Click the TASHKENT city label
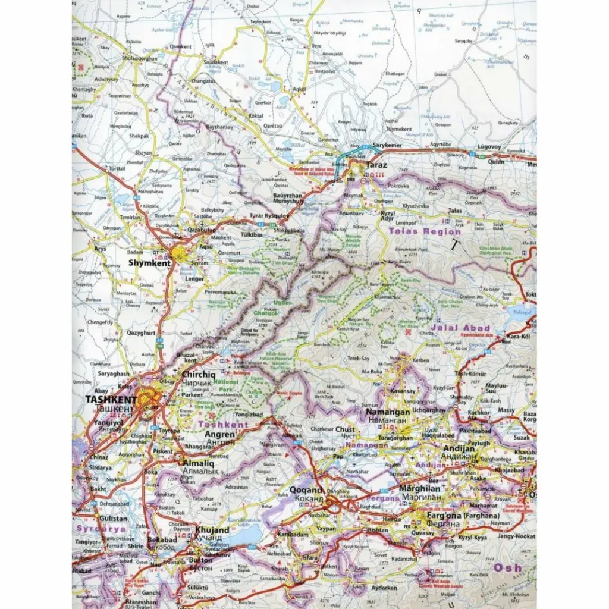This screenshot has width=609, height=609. [111, 400]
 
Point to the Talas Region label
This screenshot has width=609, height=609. [425, 231]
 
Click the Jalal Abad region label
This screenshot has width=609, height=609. [462, 328]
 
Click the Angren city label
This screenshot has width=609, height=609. [220, 435]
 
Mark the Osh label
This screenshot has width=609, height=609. [509, 567]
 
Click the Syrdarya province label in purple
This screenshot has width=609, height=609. [101, 528]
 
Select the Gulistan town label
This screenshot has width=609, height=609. [96, 519]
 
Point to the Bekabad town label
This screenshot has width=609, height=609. [162, 539]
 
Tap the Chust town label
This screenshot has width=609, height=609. [346, 429]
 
